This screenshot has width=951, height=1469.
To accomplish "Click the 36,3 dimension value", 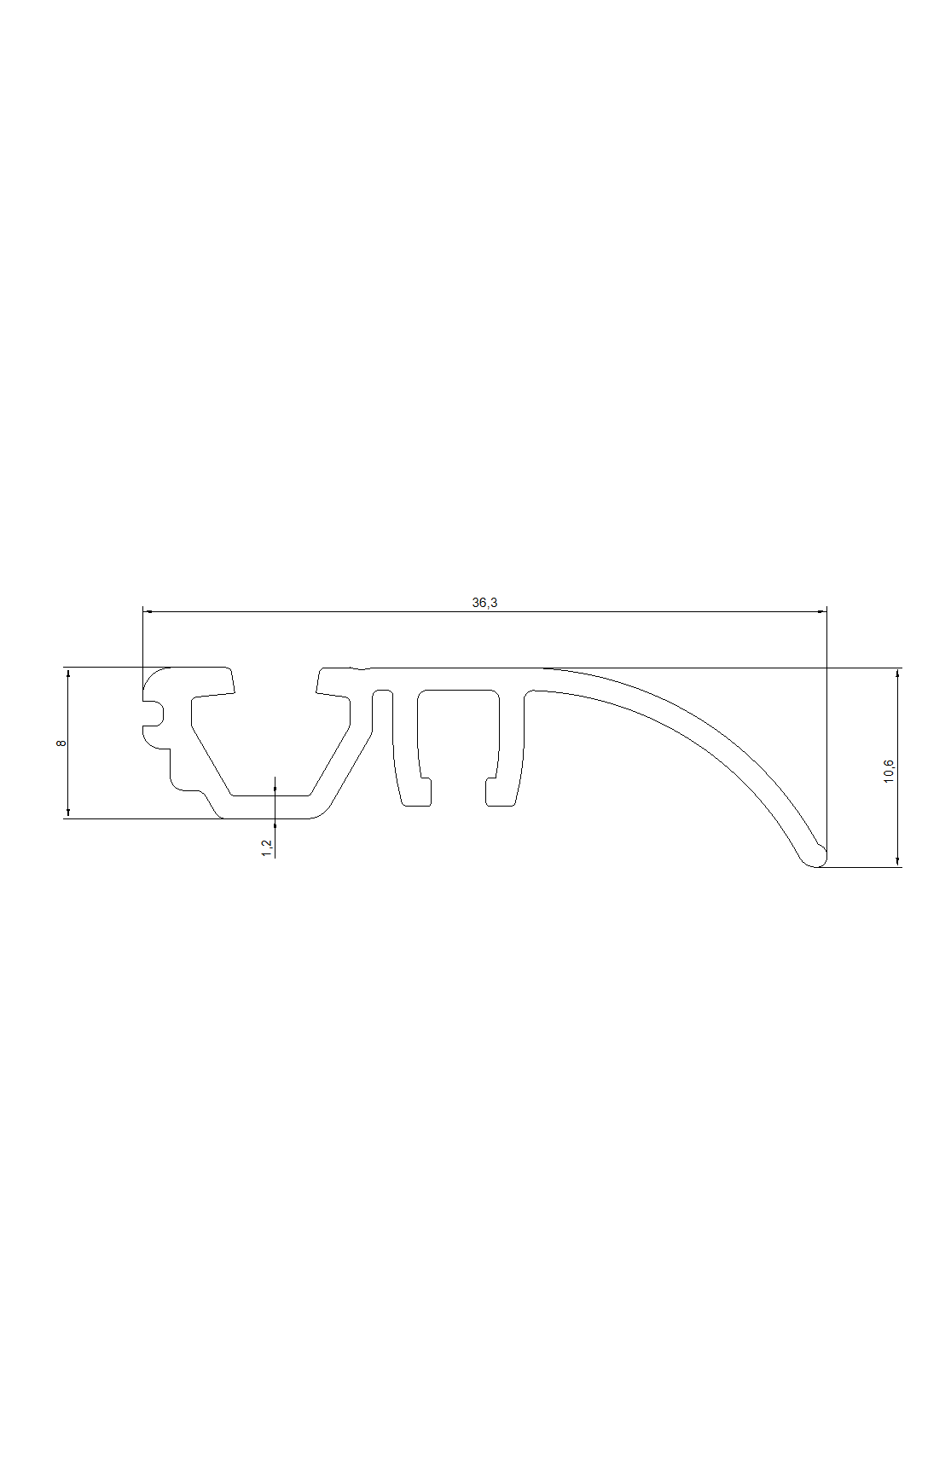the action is click(x=484, y=602).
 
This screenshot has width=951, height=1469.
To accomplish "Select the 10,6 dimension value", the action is click(x=890, y=771).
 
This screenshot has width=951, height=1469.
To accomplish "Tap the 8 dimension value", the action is click(x=61, y=743).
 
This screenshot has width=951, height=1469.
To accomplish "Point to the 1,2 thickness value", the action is click(x=267, y=847).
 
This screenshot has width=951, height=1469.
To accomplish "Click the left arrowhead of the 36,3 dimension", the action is click(x=148, y=611).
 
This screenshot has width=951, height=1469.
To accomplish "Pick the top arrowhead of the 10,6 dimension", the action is click(x=897, y=674).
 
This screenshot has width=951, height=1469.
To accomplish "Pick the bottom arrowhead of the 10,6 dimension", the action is click(x=897, y=861).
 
